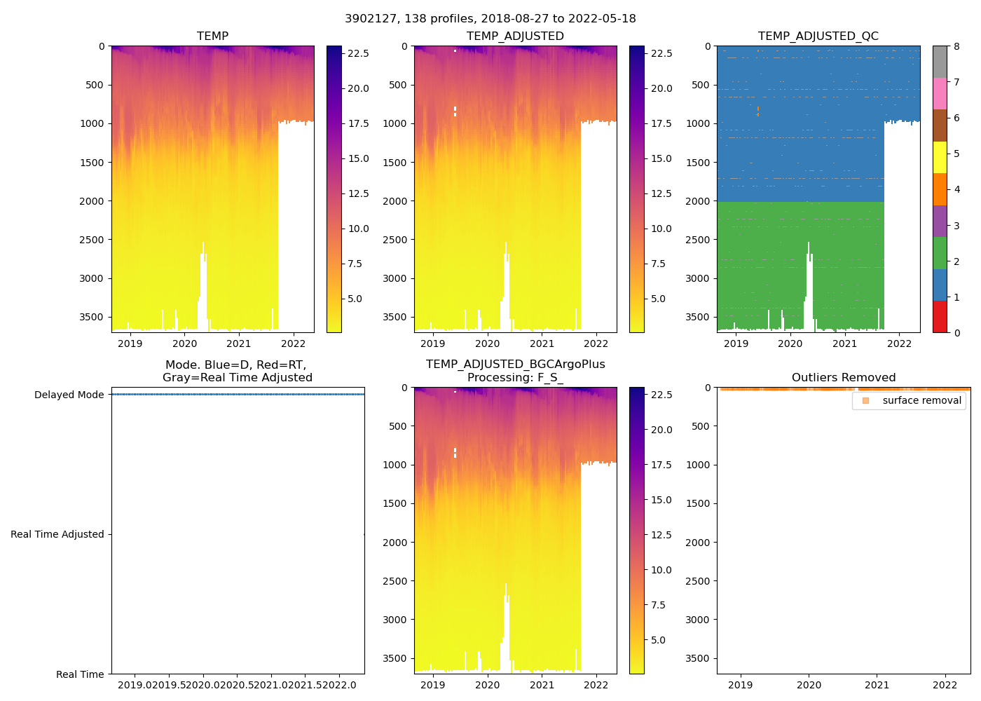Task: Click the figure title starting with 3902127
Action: coord(490,19)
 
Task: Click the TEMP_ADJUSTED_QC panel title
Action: coord(818,36)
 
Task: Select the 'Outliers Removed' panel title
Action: coord(843,378)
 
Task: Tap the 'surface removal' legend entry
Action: coord(921,400)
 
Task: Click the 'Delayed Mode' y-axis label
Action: coord(69,395)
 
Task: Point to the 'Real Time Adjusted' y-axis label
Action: coord(57,534)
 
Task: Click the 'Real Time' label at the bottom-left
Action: coord(80,674)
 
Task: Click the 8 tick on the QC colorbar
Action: coord(956,46)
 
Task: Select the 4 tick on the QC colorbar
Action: coord(956,189)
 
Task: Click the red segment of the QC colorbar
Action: coord(940,317)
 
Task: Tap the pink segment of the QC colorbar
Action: coord(940,93)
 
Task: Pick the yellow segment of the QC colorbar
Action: coord(940,157)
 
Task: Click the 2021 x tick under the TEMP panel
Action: coord(239,343)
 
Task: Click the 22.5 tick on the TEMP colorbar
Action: coord(359,53)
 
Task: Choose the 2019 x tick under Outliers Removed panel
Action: coord(741,685)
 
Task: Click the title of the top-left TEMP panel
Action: coord(212,36)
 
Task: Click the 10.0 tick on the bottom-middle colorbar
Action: coord(661,570)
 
